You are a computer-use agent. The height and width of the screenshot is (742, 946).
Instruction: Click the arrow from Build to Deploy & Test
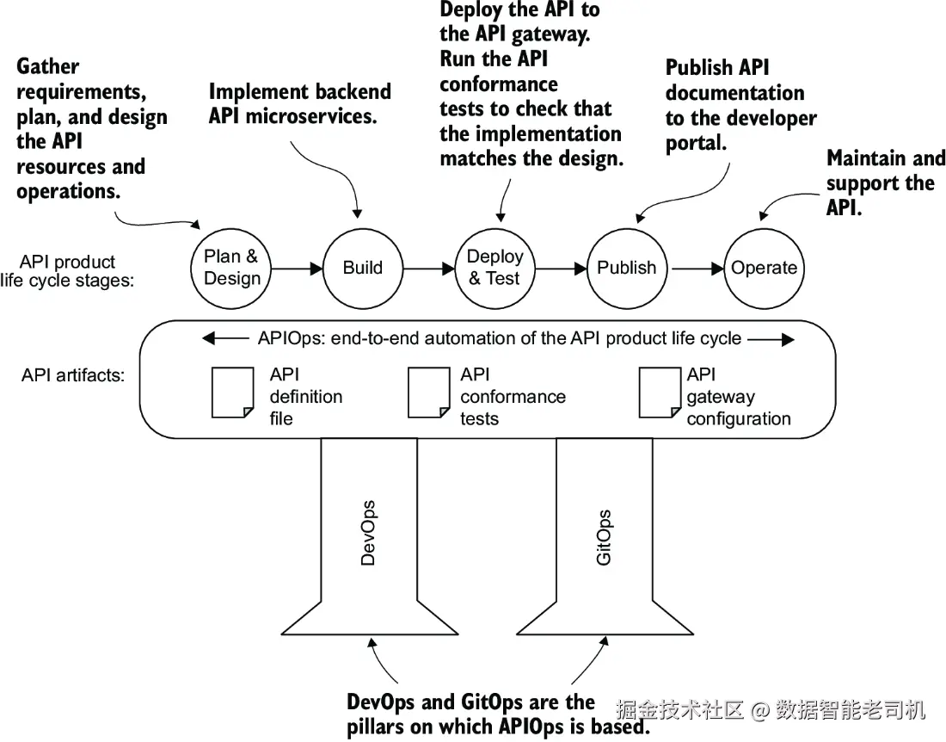(429, 268)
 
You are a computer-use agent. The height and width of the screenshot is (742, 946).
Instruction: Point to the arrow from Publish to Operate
(697, 268)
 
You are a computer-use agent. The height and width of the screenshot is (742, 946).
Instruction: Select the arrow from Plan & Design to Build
(297, 268)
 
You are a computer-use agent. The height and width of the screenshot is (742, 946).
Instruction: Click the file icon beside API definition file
(233, 393)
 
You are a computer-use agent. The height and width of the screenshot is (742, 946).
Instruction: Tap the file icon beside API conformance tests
(429, 393)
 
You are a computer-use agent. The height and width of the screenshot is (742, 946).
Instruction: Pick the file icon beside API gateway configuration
(660, 393)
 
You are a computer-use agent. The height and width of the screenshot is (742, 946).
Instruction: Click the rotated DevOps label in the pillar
(368, 533)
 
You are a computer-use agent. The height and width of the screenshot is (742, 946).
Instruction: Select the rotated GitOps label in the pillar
(604, 537)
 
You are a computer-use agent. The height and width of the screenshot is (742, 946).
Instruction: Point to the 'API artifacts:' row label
(73, 375)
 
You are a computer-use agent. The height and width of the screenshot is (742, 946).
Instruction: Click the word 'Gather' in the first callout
(47, 66)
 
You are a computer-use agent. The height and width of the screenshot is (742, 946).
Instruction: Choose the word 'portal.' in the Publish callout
(697, 143)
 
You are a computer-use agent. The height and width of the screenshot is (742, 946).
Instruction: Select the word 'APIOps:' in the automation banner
(292, 338)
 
